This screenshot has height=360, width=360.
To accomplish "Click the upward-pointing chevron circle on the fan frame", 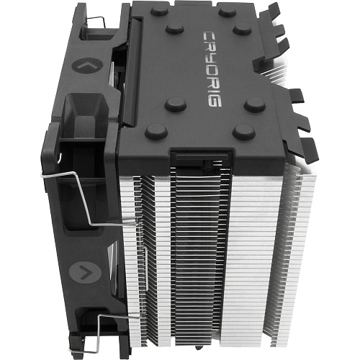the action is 87,66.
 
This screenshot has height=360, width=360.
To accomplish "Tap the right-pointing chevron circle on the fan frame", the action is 85,273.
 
